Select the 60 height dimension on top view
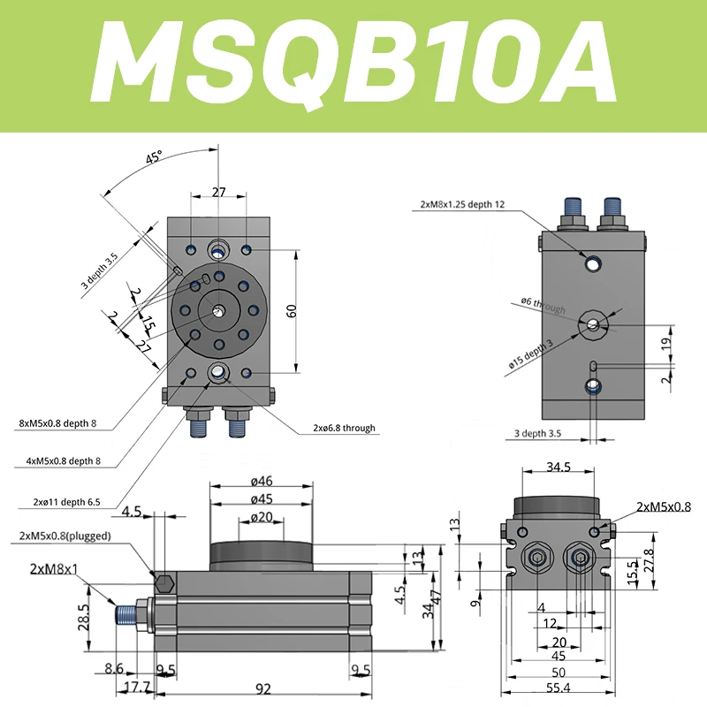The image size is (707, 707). (292, 310)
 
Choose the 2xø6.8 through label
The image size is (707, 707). (344, 428)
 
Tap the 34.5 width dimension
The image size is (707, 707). (559, 466)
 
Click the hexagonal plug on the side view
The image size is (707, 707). (163, 584)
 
